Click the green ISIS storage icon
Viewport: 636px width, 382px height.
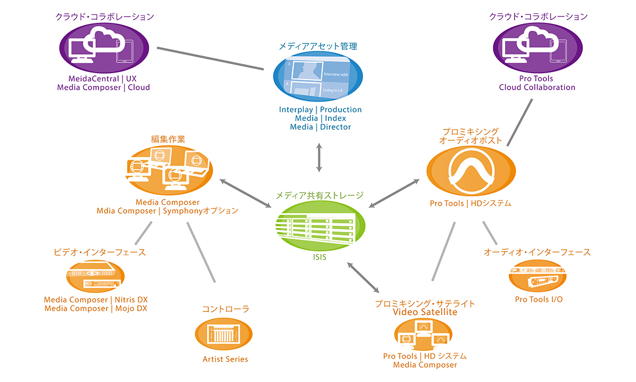point(320,225)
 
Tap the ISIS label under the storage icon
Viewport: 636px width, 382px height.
point(320,257)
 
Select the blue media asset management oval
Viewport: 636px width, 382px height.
point(317,76)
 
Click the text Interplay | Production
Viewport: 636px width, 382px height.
point(320,110)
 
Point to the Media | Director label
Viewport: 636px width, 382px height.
point(320,127)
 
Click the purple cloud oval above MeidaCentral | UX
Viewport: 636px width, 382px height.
point(104,48)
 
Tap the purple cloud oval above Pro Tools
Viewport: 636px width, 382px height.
point(538,48)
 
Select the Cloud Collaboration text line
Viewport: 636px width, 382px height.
point(537,87)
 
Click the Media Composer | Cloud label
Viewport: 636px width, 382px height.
point(103,88)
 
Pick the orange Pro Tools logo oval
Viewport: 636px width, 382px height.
point(471,171)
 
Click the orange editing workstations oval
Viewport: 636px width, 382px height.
point(169,170)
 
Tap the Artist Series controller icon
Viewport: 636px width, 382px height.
point(224,334)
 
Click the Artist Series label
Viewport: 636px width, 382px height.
point(225,359)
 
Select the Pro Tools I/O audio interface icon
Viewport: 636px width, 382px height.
point(537,276)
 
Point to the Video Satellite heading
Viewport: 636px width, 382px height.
point(425,312)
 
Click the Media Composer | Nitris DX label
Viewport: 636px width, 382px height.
point(96,300)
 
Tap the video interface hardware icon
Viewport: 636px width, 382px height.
point(95,276)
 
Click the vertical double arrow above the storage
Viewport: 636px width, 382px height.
point(319,158)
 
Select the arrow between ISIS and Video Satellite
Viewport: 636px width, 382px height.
point(363,277)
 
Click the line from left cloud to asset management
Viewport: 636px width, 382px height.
point(210,58)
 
